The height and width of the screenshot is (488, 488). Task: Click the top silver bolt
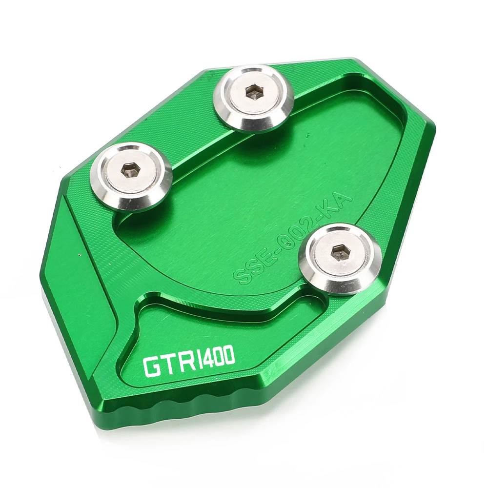click(x=254, y=97)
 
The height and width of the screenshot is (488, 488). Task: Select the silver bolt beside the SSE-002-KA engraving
click(x=340, y=259)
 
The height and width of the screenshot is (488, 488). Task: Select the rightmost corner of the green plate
click(x=435, y=122)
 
